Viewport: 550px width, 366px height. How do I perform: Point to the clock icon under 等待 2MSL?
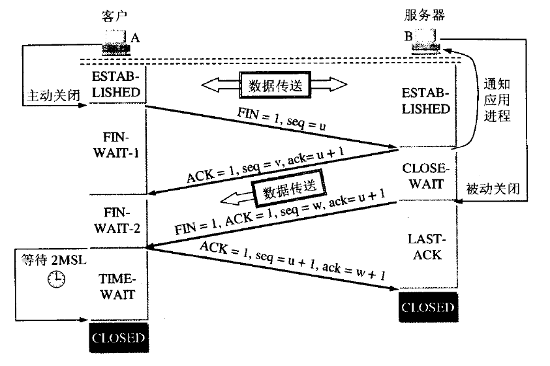click(57, 279)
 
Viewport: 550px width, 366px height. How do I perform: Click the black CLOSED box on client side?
click(118, 339)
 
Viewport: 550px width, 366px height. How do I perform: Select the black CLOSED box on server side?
click(428, 307)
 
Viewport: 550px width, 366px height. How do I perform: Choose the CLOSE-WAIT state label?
click(425, 176)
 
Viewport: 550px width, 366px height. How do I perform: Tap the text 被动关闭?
click(493, 189)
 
